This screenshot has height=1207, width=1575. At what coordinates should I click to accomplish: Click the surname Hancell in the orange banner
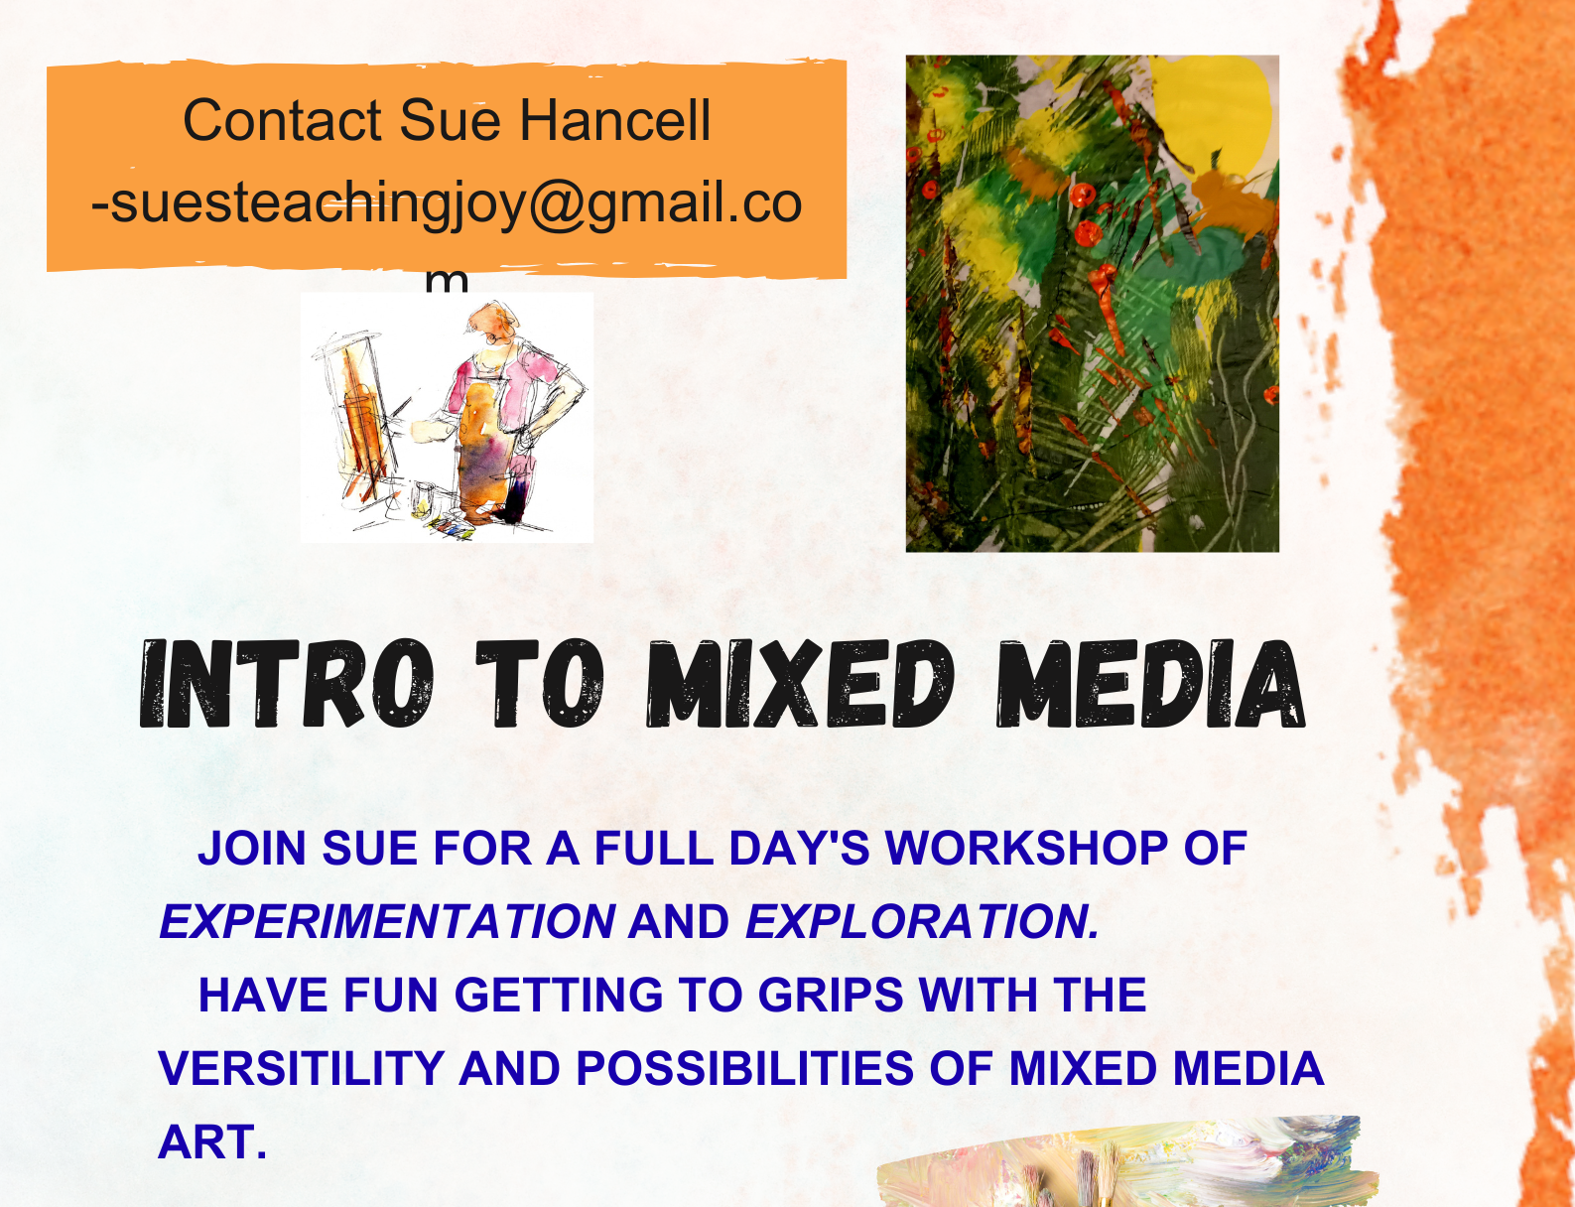[615, 120]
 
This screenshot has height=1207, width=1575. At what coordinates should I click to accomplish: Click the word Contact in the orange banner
[283, 120]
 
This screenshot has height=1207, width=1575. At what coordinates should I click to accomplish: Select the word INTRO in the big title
[287, 683]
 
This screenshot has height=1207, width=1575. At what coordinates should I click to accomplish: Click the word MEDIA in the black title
[1151, 683]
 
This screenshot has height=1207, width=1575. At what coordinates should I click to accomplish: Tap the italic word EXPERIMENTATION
[387, 921]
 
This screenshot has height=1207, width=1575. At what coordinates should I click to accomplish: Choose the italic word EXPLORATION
[923, 921]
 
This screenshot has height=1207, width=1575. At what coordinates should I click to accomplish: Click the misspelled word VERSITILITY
[301, 1068]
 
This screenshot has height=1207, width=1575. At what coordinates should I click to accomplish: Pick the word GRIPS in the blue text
[831, 994]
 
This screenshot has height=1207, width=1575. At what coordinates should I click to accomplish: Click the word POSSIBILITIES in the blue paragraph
[745, 1068]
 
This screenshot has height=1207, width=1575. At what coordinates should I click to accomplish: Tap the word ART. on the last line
[212, 1141]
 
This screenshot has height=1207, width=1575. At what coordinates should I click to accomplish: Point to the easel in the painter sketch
[356, 421]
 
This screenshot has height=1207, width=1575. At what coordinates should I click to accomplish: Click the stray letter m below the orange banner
[447, 281]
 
